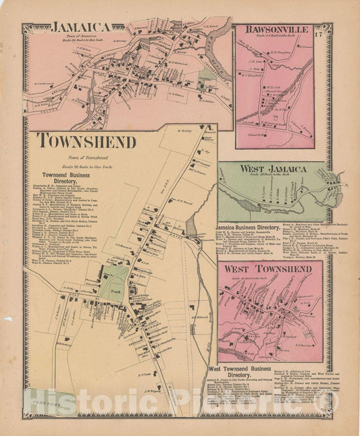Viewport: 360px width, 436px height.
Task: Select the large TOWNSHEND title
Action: (x=86, y=141)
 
